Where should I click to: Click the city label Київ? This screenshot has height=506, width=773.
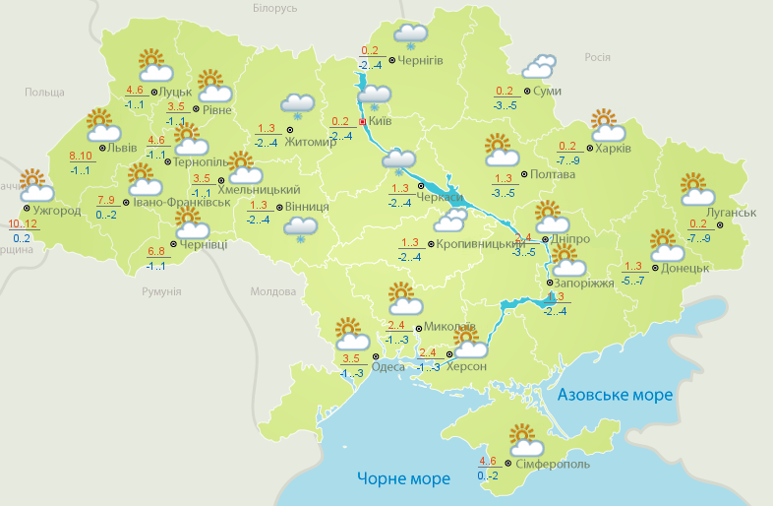point(380,121)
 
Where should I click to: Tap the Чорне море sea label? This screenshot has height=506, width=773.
point(403,479)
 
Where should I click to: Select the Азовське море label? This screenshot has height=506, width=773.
point(615,395)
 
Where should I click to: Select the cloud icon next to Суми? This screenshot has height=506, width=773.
point(538,67)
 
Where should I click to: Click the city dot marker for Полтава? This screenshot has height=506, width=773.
point(522,173)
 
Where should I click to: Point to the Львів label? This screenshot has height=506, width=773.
point(122,148)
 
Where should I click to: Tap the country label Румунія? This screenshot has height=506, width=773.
point(161,292)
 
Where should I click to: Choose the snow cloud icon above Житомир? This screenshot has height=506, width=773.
point(298,105)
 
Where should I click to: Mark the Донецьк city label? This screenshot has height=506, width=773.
point(685,268)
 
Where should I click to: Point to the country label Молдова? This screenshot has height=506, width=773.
point(272,292)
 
